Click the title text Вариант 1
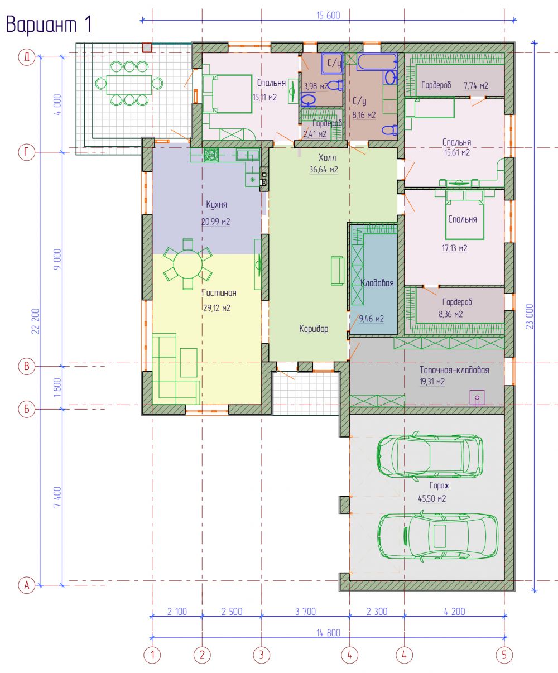[x=49, y=25]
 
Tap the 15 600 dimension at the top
[x=328, y=16]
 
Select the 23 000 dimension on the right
[x=530, y=316]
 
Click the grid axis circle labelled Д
[x=26, y=57]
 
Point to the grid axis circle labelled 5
[x=504, y=655]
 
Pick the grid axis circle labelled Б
[x=26, y=409]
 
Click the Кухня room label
[x=217, y=204]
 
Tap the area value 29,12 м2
[x=217, y=308]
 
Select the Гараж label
[x=439, y=485]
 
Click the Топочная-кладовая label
[x=454, y=370]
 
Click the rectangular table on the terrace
[x=129, y=84]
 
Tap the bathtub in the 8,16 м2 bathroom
[x=377, y=61]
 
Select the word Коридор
[x=314, y=329]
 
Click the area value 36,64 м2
[x=324, y=170]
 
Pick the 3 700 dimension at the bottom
[x=305, y=611]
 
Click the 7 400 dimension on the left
[x=57, y=497]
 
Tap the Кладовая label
[x=377, y=283]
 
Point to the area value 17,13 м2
[x=454, y=248]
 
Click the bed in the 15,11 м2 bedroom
[x=227, y=94]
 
